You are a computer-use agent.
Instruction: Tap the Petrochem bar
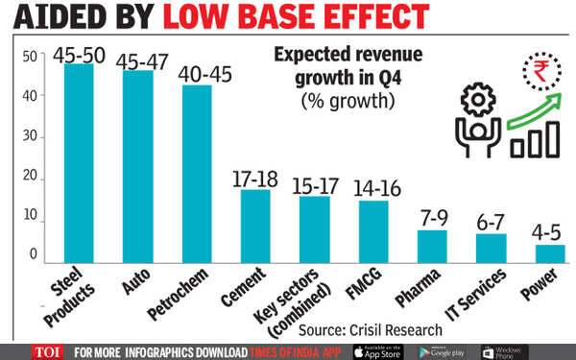[x=197, y=174]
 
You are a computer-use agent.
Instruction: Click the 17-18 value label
[x=254, y=178]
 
